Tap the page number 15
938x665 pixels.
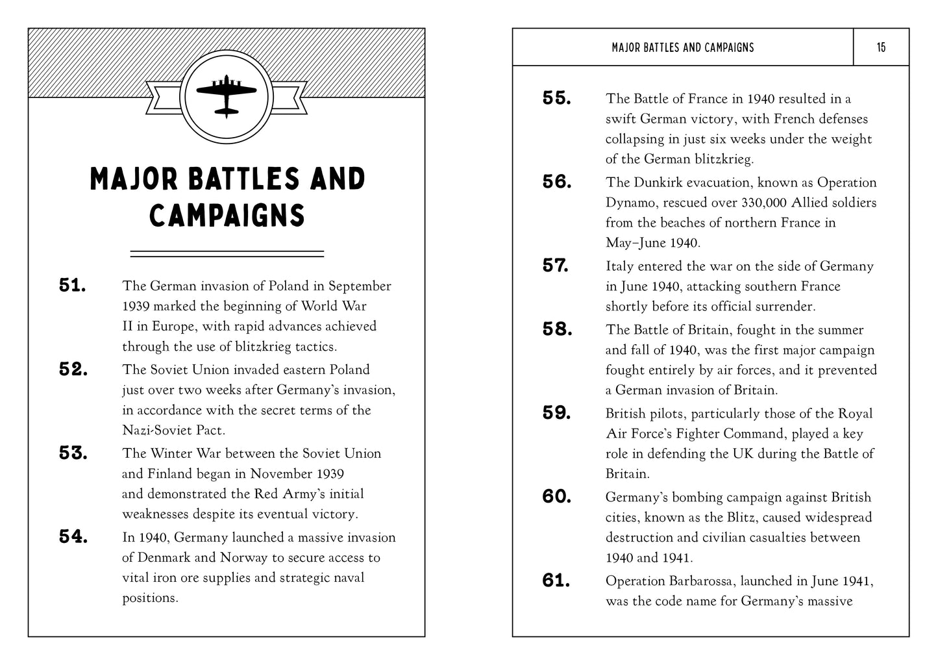[881, 47]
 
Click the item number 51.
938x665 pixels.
[73, 286]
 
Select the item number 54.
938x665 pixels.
[73, 537]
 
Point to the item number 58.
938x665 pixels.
[557, 330]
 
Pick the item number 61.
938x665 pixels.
[556, 581]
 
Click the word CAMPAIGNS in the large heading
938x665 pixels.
[227, 216]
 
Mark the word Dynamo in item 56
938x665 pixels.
[628, 203]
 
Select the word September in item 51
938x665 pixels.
[360, 286]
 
